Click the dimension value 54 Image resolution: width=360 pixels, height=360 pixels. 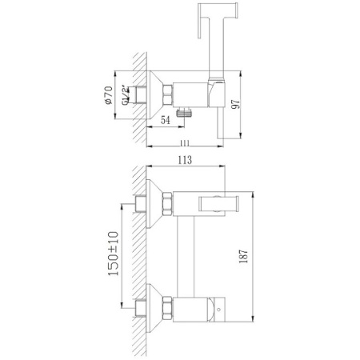[x=165, y=120]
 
